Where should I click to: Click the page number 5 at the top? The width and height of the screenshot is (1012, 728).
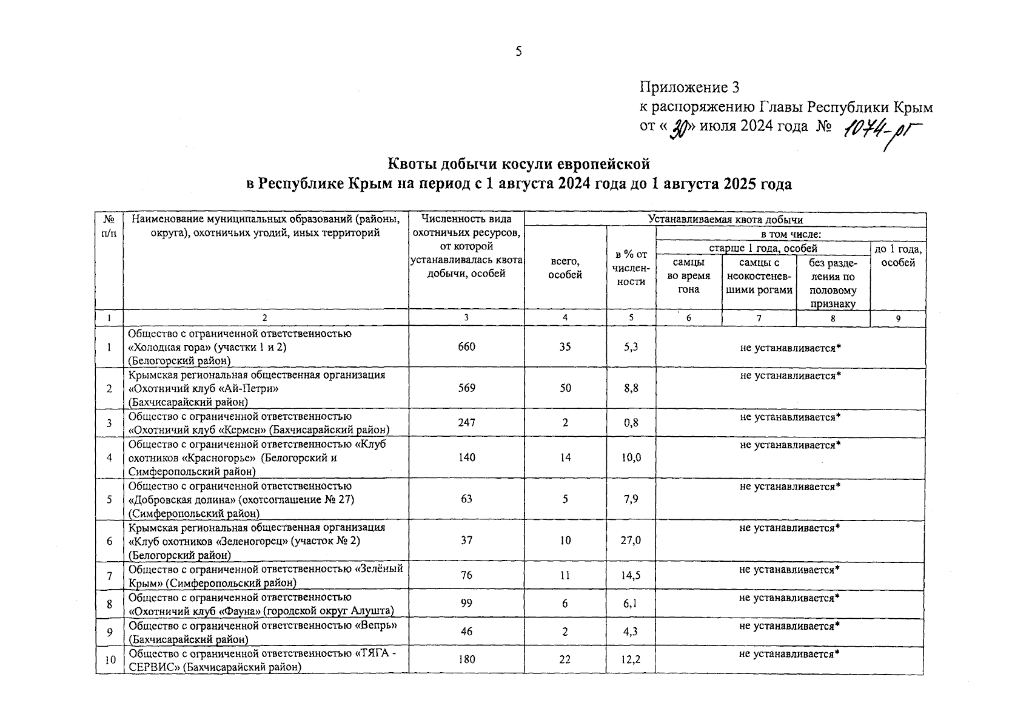(518, 52)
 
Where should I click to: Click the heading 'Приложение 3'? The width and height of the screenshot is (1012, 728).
(689, 88)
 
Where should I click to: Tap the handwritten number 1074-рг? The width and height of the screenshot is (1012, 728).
(880, 130)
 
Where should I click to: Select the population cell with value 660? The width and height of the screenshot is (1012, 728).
(466, 347)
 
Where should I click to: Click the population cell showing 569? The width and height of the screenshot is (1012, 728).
(466, 388)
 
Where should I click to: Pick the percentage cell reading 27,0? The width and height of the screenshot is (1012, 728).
(631, 541)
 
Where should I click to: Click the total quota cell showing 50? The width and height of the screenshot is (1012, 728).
(565, 388)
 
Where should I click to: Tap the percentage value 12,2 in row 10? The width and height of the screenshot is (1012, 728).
(631, 659)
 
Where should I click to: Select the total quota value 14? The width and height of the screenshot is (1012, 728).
(565, 457)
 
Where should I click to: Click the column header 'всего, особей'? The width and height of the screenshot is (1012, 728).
(565, 268)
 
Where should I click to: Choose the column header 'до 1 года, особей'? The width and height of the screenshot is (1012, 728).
(898, 255)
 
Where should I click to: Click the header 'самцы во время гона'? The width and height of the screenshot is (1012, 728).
(689, 276)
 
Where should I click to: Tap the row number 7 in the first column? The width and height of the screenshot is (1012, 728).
(109, 576)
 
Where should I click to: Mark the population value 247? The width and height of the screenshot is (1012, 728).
(466, 423)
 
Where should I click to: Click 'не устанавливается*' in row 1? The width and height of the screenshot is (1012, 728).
(791, 347)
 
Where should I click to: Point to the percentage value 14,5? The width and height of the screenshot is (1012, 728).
(631, 576)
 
